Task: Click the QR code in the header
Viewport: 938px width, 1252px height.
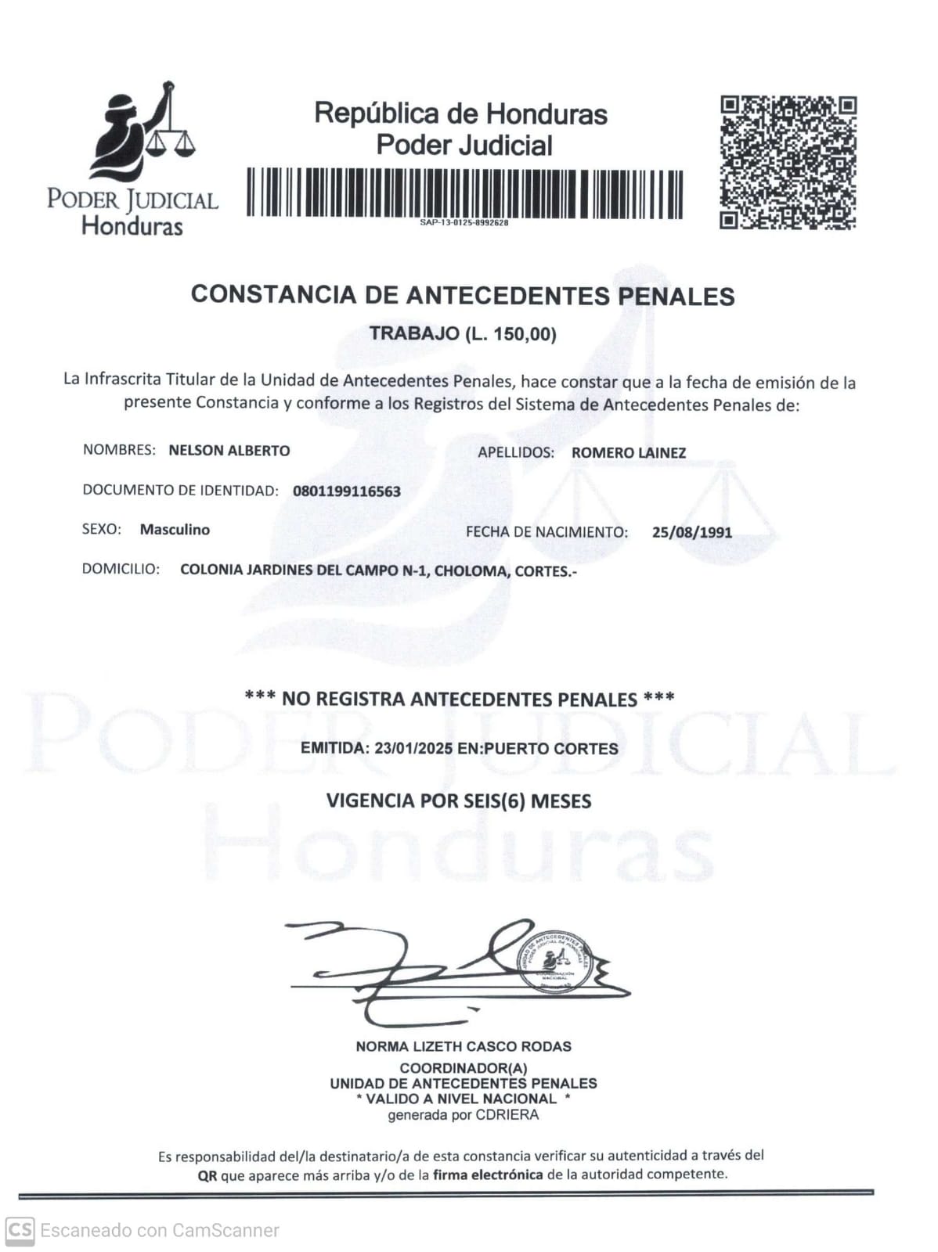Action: coord(788,163)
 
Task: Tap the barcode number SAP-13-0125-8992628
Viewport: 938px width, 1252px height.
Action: coord(464,223)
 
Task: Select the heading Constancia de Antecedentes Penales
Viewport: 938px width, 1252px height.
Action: coord(463,295)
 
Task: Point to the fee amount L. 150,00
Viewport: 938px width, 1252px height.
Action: coord(510,334)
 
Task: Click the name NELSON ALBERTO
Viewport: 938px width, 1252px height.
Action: coord(229,451)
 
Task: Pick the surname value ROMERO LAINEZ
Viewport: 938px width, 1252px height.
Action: coord(629,452)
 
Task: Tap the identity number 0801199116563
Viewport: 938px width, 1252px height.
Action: coord(347,491)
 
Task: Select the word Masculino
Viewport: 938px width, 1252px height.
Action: coord(175,530)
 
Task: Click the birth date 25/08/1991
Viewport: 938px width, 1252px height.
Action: coord(692,532)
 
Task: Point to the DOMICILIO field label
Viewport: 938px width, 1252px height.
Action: coord(121,569)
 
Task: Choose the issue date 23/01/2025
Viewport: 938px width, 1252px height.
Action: coord(413,748)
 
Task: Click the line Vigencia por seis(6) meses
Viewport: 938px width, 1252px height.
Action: coord(459,801)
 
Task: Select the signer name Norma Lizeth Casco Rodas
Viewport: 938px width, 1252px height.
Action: coord(464,1046)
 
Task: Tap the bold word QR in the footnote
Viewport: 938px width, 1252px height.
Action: coord(207,1175)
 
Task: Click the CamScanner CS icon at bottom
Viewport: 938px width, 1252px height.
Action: coord(20,1231)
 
